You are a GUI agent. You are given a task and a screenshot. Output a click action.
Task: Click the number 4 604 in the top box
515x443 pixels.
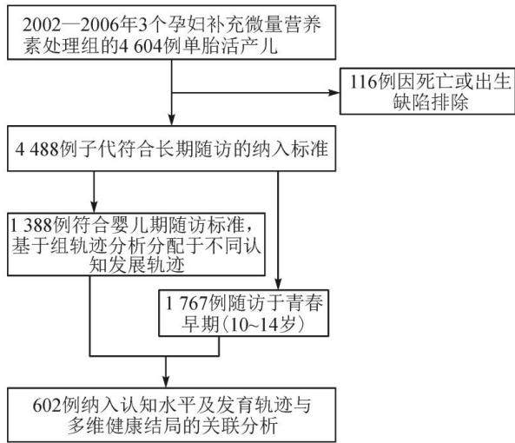point(141,46)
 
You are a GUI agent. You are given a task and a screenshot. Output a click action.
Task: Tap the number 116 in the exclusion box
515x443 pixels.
point(363,82)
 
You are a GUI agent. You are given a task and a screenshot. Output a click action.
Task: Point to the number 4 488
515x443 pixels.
point(37,149)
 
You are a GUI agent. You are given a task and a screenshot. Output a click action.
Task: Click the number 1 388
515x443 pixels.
point(31,225)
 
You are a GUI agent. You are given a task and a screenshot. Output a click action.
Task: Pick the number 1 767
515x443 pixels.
point(188,303)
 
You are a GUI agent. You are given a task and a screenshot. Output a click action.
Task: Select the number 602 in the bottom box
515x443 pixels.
point(47,406)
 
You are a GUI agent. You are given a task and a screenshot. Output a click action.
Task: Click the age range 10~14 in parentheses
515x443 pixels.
point(258,325)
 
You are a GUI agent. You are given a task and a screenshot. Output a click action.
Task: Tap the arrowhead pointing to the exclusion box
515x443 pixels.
point(334,93)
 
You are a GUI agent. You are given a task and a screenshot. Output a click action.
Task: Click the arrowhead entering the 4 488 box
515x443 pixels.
point(171,120)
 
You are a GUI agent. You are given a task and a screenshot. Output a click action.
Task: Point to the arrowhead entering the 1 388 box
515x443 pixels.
point(94,207)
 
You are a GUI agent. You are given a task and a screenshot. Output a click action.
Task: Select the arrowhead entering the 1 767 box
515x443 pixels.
point(278,283)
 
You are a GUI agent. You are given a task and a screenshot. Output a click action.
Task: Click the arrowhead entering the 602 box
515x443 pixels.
point(166,381)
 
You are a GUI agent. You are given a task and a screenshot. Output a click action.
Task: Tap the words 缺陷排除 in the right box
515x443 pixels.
point(431,102)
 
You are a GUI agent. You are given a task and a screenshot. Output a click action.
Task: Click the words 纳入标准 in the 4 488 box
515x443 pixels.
point(290,149)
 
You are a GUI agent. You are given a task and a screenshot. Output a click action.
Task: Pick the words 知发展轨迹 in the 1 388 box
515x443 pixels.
point(137,265)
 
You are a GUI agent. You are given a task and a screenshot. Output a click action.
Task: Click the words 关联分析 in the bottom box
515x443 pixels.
point(240,426)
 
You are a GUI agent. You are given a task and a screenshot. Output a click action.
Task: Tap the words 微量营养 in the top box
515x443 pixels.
point(283,25)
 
